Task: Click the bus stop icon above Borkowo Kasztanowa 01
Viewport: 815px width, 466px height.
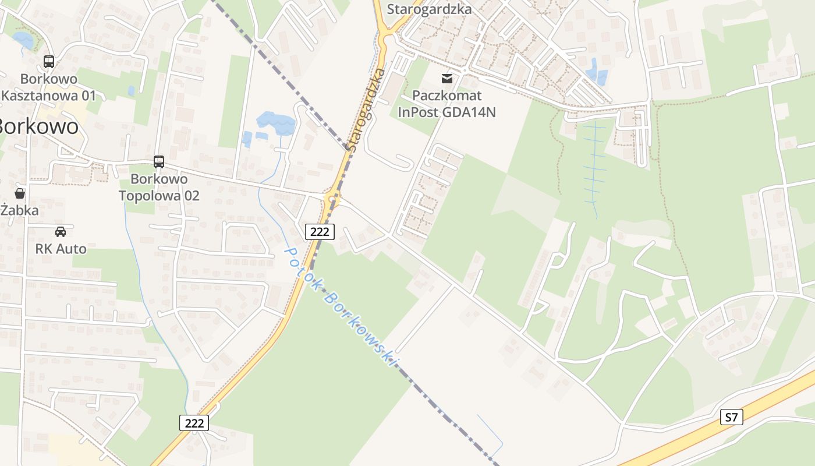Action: coord(49,61)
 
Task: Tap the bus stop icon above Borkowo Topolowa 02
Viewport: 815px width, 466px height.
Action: coord(159,161)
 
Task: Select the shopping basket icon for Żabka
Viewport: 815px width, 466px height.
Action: coord(20,193)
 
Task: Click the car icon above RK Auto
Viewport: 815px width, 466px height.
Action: coord(61,231)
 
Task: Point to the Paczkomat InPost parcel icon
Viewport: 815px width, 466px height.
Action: coord(447,78)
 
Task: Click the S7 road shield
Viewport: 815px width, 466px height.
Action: coord(732,417)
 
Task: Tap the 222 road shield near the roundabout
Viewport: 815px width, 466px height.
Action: coord(320,232)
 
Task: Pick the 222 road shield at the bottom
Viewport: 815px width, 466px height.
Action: coord(193,423)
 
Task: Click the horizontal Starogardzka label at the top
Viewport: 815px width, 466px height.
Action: coord(429,9)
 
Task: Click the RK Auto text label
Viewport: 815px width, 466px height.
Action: coord(61,249)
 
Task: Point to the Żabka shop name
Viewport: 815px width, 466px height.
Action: coord(19,210)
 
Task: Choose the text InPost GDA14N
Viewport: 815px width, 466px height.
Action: coord(447,112)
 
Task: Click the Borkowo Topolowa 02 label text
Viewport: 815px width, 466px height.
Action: coord(159,187)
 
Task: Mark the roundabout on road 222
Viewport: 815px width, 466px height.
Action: coord(333,199)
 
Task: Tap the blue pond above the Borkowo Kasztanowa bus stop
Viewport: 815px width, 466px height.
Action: coord(23,40)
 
